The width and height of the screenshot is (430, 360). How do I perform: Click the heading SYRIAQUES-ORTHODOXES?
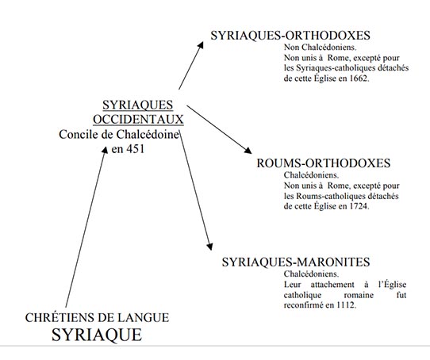[x=290, y=36]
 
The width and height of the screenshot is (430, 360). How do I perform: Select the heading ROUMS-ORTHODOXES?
[x=324, y=163]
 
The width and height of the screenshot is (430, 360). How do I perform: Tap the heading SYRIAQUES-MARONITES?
[x=296, y=262]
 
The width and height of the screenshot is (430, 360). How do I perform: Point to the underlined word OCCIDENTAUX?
[x=138, y=120]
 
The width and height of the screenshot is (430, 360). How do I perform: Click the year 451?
[x=135, y=149]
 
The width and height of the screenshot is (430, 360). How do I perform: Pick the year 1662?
[x=359, y=79]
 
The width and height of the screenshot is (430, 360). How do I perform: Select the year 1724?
[x=359, y=206]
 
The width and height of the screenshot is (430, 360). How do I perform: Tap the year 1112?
[x=346, y=304]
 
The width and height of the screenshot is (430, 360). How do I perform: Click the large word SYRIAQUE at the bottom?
[x=97, y=335]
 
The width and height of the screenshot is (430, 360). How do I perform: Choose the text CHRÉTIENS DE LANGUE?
[x=97, y=318]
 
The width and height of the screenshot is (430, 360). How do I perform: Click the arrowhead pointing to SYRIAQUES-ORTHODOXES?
[x=201, y=45]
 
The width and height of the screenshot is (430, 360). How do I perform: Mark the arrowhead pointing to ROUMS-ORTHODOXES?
[x=248, y=150]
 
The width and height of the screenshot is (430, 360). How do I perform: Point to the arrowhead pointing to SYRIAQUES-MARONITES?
[x=209, y=247]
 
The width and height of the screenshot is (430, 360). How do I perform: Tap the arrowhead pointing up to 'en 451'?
[x=105, y=150]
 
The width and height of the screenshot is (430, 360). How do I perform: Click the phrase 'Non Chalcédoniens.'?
[x=320, y=48]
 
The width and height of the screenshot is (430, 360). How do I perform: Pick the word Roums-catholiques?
[x=331, y=196]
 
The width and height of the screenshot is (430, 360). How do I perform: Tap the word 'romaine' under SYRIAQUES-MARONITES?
[x=359, y=295]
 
